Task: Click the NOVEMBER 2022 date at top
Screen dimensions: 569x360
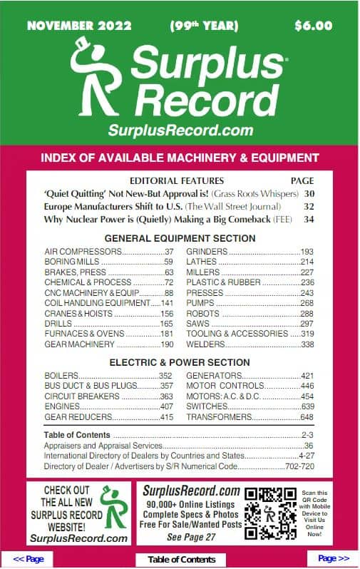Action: coord(79,26)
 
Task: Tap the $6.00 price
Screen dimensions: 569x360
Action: coord(313,26)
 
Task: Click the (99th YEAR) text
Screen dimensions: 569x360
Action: coord(204,26)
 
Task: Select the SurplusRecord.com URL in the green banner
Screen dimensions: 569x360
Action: coord(180,130)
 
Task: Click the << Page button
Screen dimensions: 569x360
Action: coord(29,559)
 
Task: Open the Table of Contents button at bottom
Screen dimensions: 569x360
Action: coord(181,560)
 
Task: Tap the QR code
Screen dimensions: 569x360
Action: coord(270,513)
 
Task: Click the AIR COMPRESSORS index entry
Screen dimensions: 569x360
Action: coord(83,252)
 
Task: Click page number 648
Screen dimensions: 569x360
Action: coord(307,417)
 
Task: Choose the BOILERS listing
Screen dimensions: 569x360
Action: coord(61,376)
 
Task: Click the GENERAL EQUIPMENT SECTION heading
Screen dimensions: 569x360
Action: coord(180,238)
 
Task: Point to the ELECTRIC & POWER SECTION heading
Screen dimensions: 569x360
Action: coord(180,362)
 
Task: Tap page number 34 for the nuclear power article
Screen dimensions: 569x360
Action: coord(309,220)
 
